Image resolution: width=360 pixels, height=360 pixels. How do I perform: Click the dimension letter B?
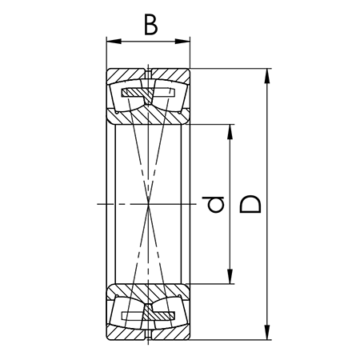[x=150, y=25]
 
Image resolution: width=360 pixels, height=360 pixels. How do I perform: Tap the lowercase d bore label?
[x=213, y=205]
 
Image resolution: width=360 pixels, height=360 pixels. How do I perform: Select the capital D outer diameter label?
[x=250, y=204]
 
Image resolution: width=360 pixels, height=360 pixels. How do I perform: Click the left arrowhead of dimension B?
[x=114, y=42]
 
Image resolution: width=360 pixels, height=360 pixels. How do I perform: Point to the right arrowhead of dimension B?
[x=182, y=42]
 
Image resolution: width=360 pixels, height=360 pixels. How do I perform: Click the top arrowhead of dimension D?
[x=267, y=76]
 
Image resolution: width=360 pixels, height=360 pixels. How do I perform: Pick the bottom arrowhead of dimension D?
[x=267, y=332]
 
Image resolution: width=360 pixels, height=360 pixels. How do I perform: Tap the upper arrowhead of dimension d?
[x=230, y=132]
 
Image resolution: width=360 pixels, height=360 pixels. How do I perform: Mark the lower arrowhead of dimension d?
[x=230, y=276]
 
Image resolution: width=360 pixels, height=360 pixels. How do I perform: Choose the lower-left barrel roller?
[x=126, y=314]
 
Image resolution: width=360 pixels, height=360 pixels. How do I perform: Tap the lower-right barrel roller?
[x=170, y=314]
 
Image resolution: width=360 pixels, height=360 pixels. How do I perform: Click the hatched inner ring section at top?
[x=148, y=116]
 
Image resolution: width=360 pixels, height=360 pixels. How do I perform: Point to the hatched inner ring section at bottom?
[x=148, y=292]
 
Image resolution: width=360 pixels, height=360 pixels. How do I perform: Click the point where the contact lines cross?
[x=148, y=204]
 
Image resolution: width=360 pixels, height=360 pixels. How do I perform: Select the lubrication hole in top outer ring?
[x=148, y=74]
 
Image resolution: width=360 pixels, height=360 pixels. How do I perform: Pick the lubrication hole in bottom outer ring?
[x=148, y=335]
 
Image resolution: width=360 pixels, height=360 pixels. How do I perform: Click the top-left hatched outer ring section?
[x=126, y=74]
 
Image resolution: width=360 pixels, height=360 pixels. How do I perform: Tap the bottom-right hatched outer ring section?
[x=171, y=334]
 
